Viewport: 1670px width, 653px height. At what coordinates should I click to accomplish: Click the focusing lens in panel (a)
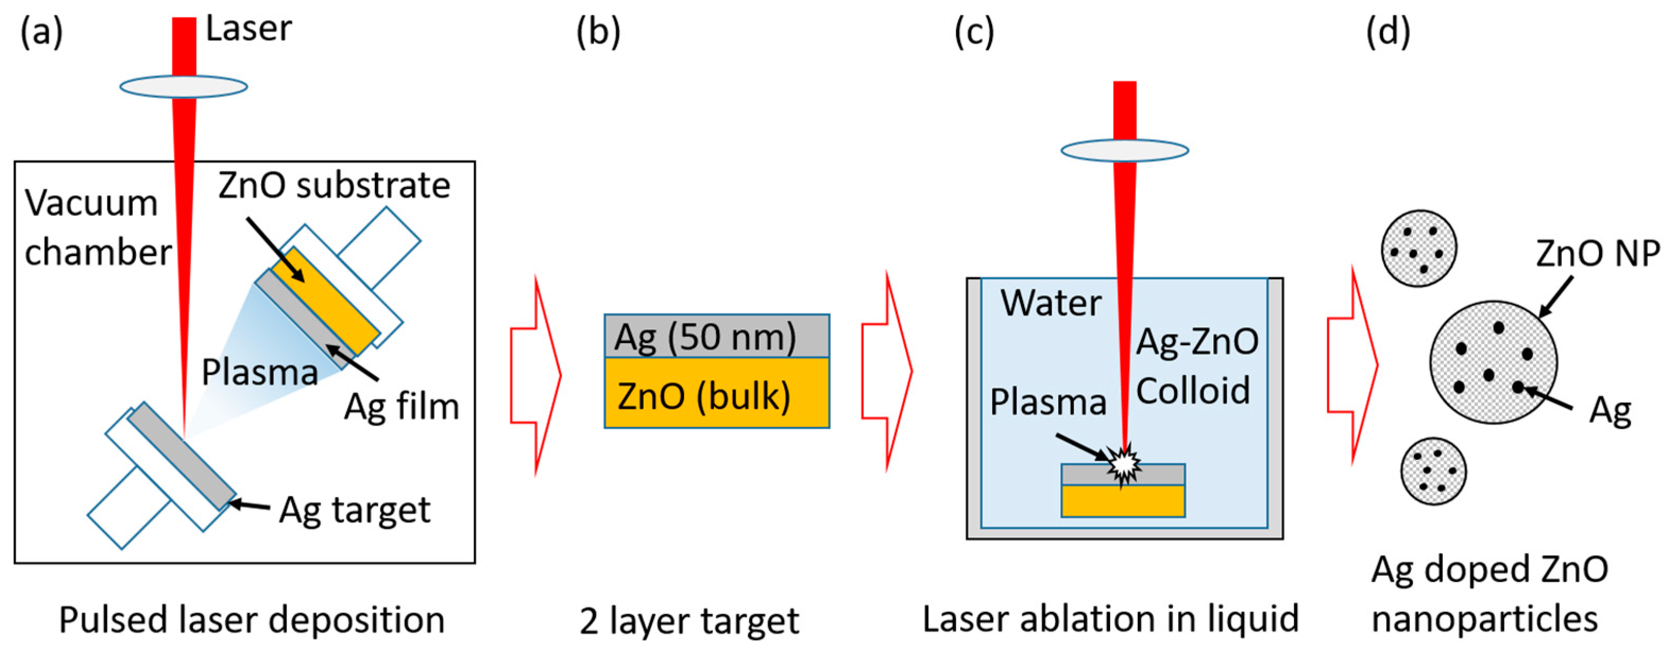183,86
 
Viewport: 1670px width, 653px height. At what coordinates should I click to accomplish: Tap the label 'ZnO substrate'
334,185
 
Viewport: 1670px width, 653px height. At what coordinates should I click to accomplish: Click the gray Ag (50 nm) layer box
717,336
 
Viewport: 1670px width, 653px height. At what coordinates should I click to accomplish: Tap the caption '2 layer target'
689,621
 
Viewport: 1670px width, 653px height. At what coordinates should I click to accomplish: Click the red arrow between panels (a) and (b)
535,376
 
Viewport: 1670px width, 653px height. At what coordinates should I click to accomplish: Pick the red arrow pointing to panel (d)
1352,365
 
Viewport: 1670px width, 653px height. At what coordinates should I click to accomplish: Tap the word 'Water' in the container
1050,303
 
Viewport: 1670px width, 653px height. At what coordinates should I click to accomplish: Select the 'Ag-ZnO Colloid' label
1197,366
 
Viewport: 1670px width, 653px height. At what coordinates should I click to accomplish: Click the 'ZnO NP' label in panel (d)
1597,253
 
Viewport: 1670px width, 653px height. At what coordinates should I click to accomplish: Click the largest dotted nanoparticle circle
1494,362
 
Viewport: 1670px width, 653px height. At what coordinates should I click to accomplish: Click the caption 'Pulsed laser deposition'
252,620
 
